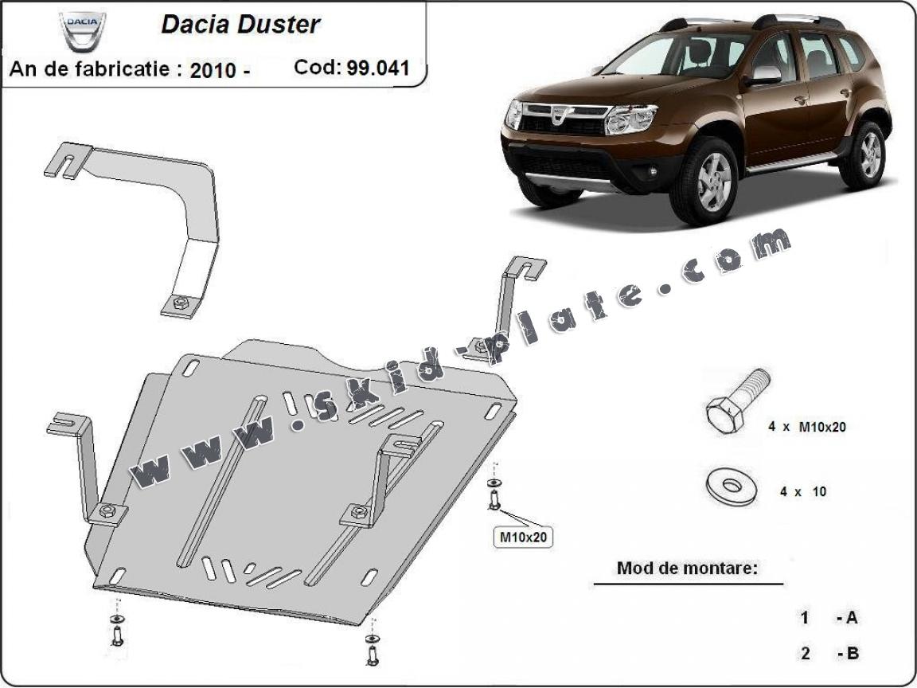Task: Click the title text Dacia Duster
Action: [240, 24]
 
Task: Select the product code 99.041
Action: [378, 68]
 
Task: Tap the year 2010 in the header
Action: [213, 69]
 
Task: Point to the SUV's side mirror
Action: [764, 76]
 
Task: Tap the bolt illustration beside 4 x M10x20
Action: [734, 404]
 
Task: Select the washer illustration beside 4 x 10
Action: [730, 486]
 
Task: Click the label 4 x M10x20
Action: [806, 427]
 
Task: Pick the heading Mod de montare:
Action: [686, 569]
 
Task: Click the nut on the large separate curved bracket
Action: [179, 303]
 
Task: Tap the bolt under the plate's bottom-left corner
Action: [117, 634]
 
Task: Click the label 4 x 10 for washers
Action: [802, 492]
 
